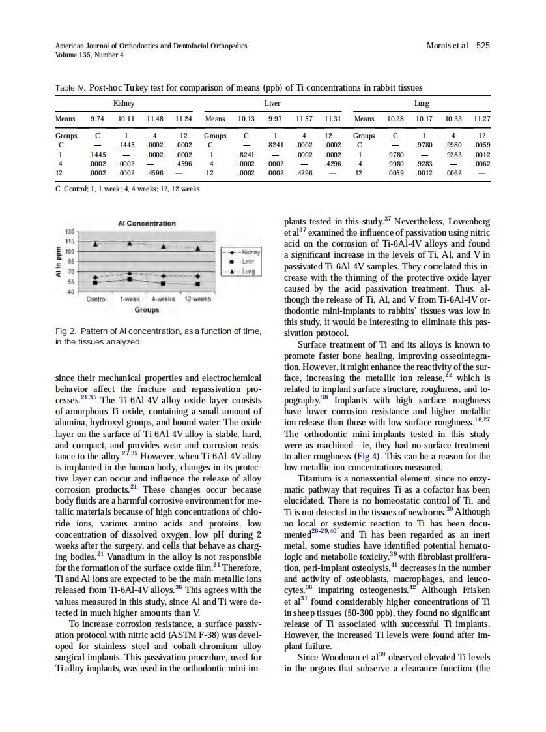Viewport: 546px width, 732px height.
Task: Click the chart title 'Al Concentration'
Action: coord(147,223)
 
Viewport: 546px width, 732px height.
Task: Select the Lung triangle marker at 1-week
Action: coord(130,243)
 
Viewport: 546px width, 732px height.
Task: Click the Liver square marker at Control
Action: coord(96,282)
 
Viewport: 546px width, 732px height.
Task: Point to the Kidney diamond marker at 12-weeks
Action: coord(197,276)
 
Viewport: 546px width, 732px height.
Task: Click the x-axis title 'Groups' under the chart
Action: coord(147,311)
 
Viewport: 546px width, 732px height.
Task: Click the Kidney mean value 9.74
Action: coord(97,119)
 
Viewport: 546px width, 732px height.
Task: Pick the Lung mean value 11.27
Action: coord(481,119)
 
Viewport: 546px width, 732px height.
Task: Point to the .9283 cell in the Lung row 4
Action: coord(424,164)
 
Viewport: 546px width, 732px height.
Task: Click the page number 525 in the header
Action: coord(483,46)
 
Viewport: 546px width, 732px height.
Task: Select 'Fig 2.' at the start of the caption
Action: coord(66,331)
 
